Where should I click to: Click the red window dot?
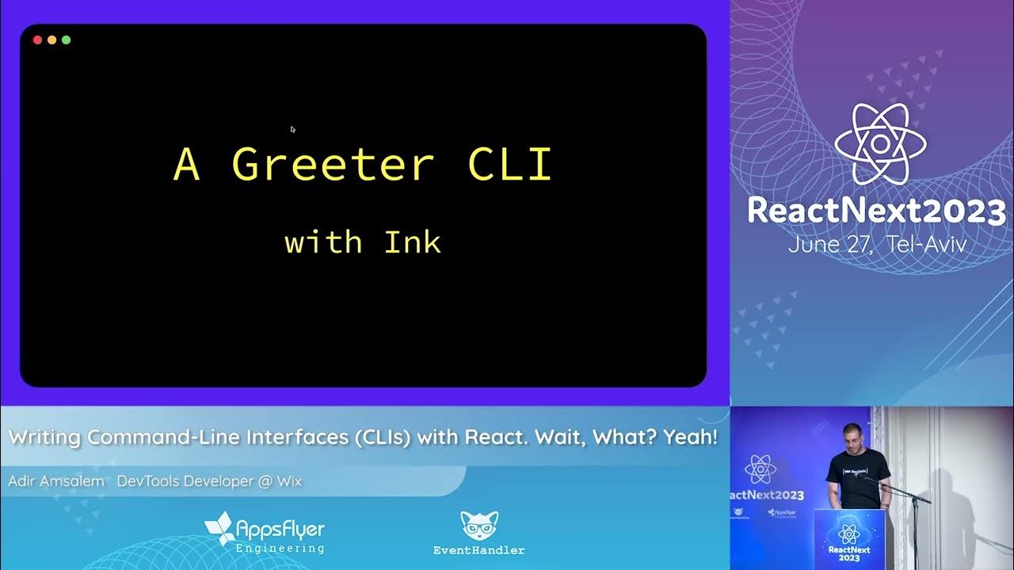tap(37, 40)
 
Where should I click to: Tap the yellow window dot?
tap(51, 40)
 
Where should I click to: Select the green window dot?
tap(66, 40)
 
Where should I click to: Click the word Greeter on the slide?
tap(333, 165)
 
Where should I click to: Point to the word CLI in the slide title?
tap(509, 165)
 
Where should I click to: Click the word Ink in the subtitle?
tap(412, 241)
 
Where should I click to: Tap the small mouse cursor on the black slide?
tap(292, 129)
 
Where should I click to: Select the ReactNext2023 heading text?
tap(876, 211)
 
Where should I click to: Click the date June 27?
tap(832, 244)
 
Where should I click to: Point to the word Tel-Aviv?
tap(927, 244)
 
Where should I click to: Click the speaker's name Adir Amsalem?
tap(56, 481)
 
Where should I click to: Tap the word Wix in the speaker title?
tap(289, 481)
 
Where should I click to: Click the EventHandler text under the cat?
tap(478, 550)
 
